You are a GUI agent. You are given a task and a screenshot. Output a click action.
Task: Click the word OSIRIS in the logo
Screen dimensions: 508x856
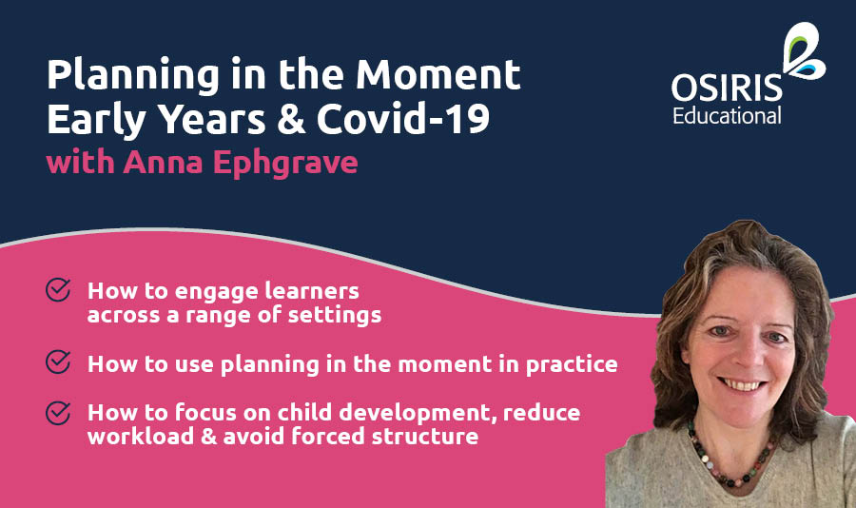coord(727,88)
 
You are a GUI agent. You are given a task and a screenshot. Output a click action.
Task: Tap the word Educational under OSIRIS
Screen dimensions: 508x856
coord(727,116)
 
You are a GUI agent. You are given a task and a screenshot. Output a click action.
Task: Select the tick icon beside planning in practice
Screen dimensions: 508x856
coord(58,363)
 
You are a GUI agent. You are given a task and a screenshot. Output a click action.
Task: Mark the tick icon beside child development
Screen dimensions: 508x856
coord(58,413)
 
